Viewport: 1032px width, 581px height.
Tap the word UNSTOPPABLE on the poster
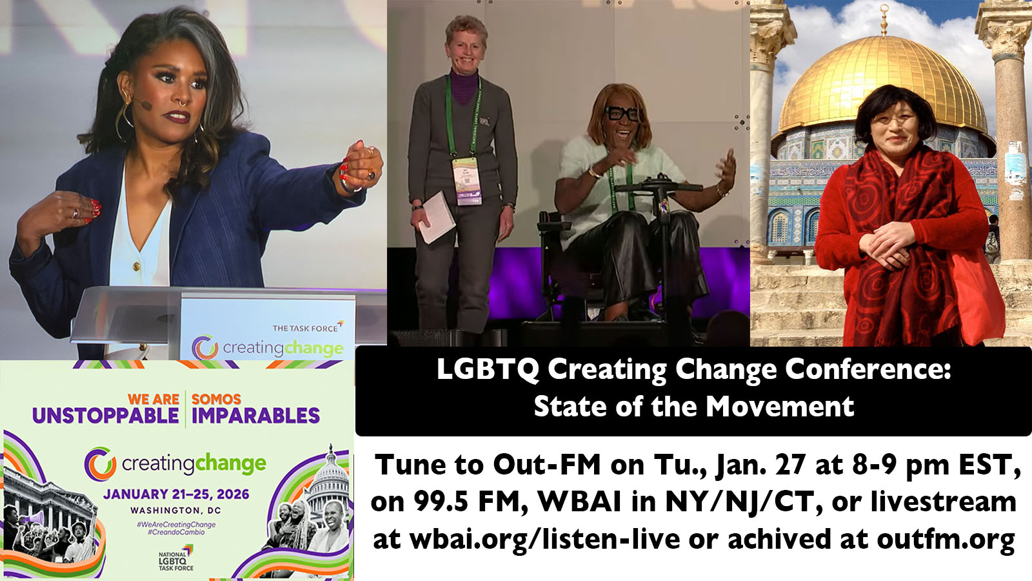tap(106, 416)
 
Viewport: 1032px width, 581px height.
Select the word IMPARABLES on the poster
tap(255, 416)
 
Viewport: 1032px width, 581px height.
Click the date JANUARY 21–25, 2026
tap(176, 494)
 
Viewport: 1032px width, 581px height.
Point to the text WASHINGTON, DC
tap(175, 511)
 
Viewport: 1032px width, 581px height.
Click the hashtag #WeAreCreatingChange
tap(176, 525)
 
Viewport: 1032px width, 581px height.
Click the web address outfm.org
tap(946, 540)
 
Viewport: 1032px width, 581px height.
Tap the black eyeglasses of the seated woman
tap(622, 114)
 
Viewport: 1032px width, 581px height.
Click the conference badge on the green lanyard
tap(467, 181)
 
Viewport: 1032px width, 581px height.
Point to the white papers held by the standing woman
tap(436, 218)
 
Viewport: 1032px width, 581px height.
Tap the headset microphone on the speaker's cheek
tap(145, 105)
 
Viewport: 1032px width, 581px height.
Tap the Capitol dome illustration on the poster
tap(330, 482)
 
